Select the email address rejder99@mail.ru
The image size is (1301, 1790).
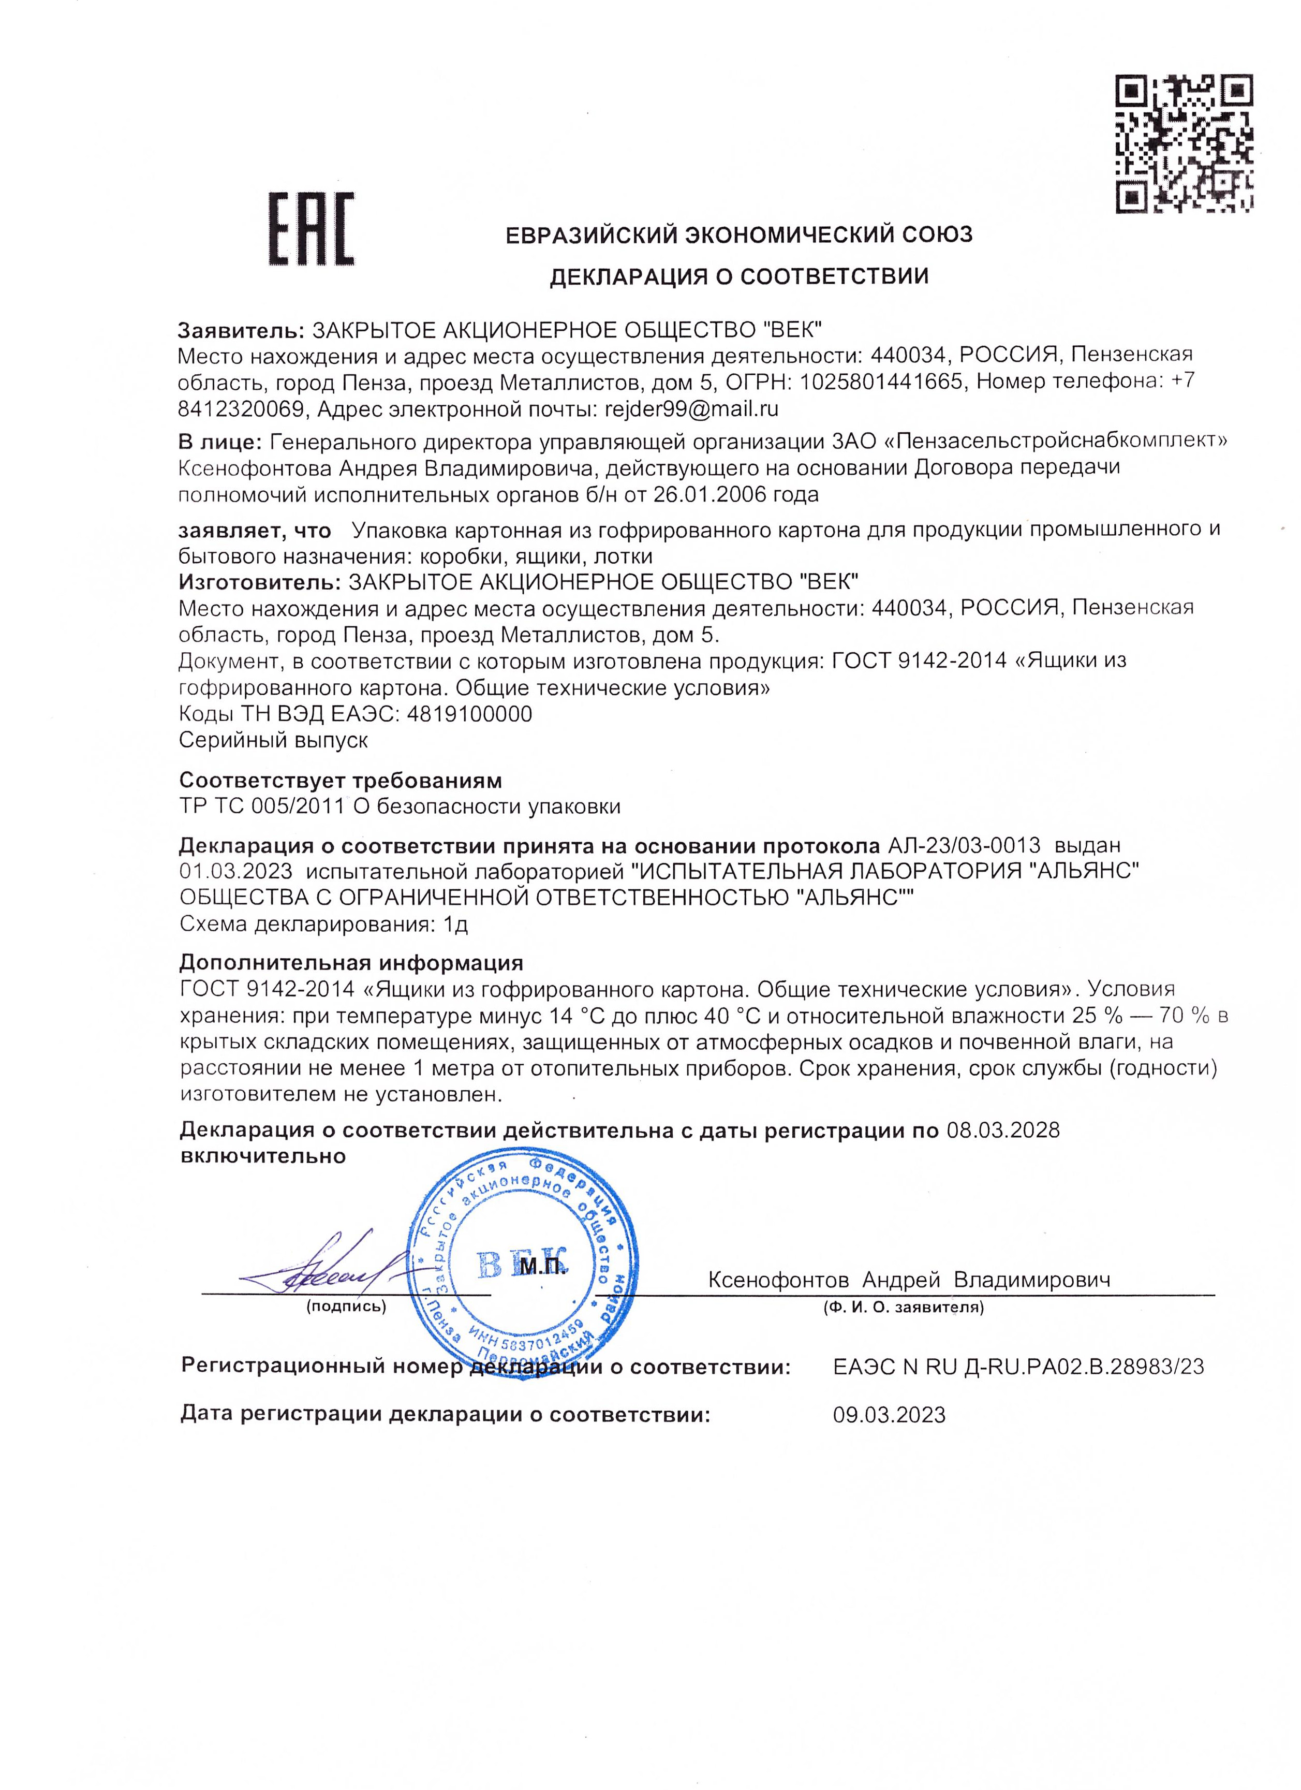[691, 409]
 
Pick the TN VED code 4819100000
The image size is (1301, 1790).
[469, 714]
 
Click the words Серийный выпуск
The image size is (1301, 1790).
[274, 740]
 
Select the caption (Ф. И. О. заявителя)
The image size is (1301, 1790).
[903, 1307]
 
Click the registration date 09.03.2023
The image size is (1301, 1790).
[889, 1414]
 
